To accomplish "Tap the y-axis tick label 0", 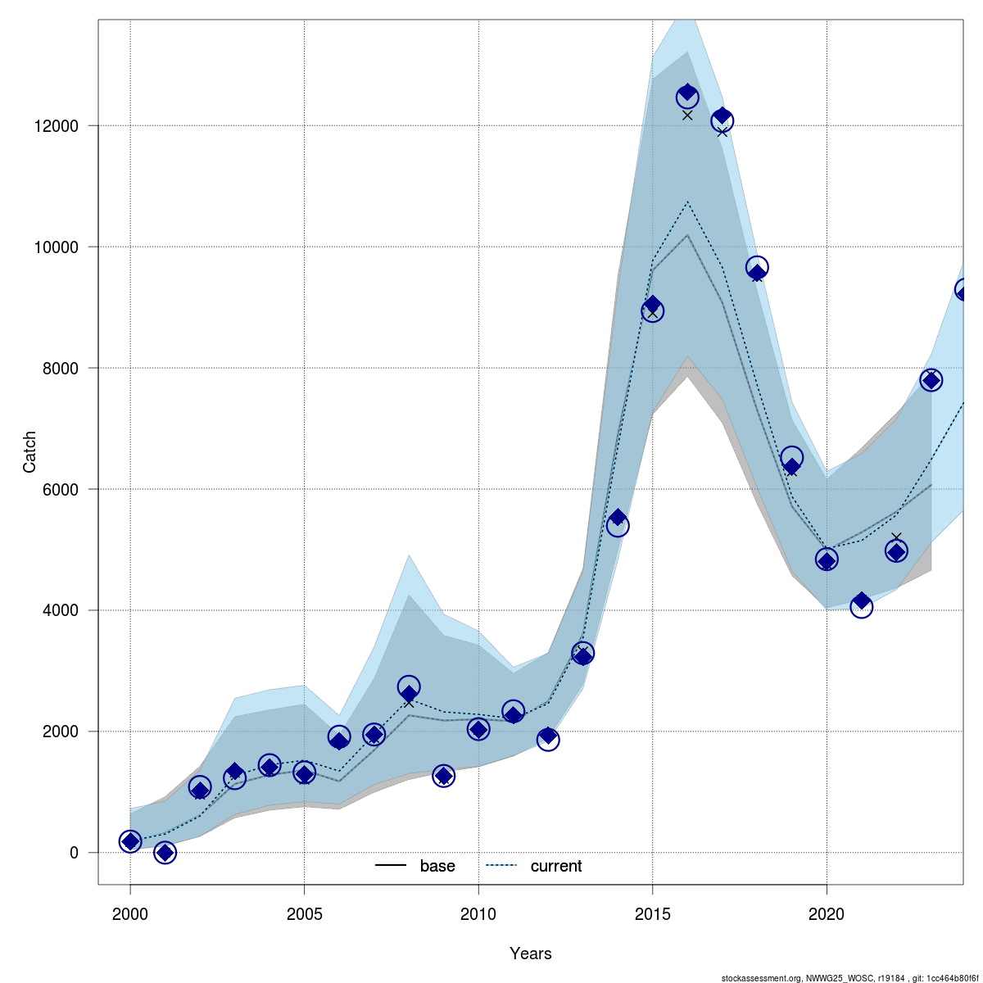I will (x=74, y=853).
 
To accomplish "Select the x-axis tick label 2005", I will (x=304, y=913).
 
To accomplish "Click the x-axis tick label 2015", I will (x=652, y=913).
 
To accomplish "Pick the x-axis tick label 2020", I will (x=827, y=913).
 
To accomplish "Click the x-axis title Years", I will (x=531, y=954).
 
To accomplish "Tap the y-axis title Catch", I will (x=29, y=452).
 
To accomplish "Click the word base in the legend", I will (x=437, y=866).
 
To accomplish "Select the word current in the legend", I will (x=556, y=866).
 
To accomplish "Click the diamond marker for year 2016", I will (x=687, y=93).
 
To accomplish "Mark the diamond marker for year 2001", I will (x=165, y=853).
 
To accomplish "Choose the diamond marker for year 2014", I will (x=618, y=519).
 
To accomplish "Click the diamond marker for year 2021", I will (x=861, y=601).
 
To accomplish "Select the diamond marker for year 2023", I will (x=931, y=379).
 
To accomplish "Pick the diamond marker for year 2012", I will (x=548, y=736).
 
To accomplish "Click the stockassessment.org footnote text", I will (x=849, y=977).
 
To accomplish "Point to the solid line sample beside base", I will (x=391, y=866).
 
